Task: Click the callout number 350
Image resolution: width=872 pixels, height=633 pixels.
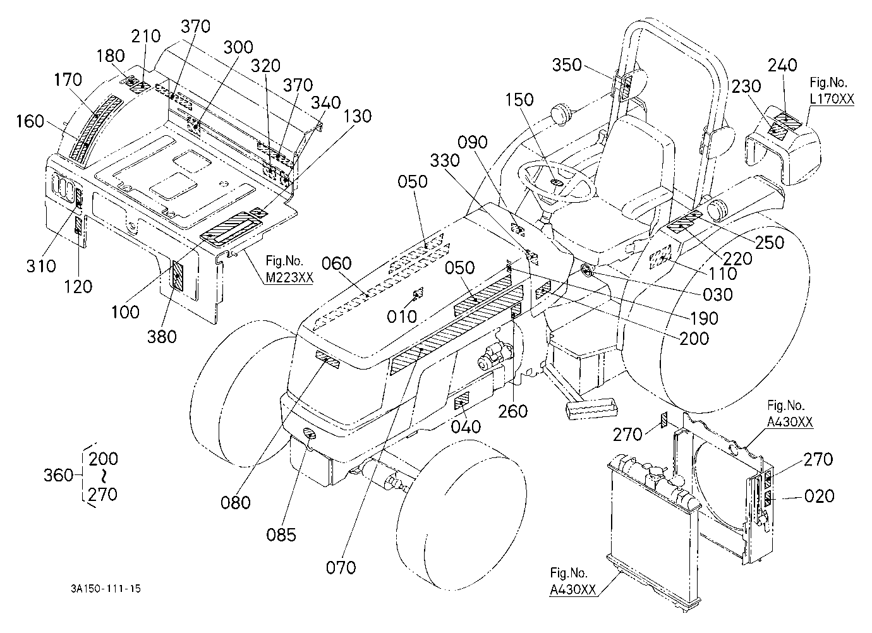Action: (567, 65)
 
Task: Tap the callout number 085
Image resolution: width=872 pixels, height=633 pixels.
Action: (281, 535)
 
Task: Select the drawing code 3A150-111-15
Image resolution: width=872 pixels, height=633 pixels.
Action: (106, 589)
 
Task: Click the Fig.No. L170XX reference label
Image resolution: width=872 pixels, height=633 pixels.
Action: (832, 91)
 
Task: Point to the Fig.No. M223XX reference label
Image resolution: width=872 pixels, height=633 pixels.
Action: (289, 269)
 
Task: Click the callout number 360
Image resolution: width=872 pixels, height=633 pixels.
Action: (58, 475)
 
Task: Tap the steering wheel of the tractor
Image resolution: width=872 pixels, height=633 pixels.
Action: (557, 181)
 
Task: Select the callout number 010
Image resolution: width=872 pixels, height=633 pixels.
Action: (402, 317)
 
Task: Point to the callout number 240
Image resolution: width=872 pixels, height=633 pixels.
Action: (782, 65)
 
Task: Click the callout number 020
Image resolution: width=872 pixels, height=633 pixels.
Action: (820, 497)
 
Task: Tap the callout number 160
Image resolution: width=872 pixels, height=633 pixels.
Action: (30, 121)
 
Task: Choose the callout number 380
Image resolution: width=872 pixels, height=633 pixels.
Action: (162, 337)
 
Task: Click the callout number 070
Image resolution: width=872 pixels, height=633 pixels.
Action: (341, 567)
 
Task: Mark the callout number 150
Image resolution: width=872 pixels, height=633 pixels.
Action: (519, 100)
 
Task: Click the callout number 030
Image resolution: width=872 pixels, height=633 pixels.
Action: (717, 294)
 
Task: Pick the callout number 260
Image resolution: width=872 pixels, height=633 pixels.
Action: (513, 411)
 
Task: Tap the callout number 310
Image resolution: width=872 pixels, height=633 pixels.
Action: (41, 267)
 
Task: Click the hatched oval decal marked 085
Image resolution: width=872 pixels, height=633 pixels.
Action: (310, 433)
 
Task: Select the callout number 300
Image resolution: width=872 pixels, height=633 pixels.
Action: (238, 47)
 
